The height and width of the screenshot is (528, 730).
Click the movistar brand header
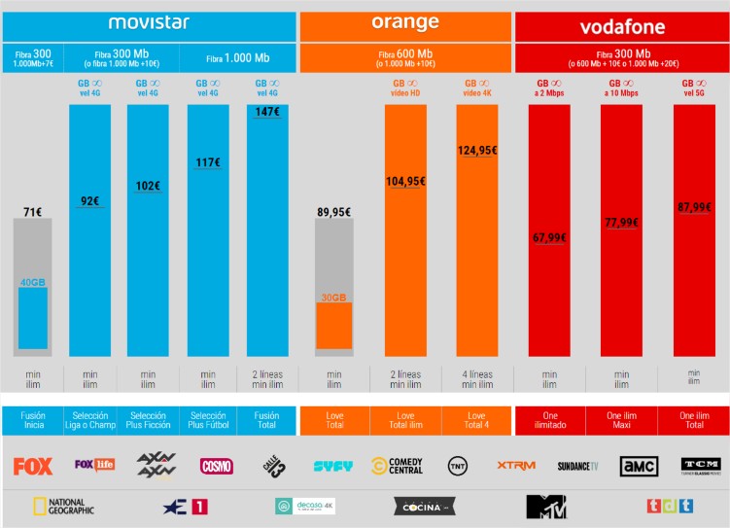149,22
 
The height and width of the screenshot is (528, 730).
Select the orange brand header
405,22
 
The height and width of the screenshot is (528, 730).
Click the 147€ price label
267,113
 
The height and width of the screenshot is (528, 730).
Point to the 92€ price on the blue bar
89,201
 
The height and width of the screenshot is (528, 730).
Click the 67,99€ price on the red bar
549,238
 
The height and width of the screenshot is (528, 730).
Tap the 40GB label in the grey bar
33,282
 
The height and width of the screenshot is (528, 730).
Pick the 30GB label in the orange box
333,298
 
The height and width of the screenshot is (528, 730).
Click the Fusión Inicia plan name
32,420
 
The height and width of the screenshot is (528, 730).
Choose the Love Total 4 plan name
477,420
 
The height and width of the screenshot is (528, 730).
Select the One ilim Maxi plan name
621,420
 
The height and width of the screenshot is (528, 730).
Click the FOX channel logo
33,466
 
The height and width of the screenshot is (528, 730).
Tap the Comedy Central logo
397,466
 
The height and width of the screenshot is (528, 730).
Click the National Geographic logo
63,506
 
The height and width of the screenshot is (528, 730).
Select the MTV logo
545,506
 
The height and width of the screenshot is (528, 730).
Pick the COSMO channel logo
216,466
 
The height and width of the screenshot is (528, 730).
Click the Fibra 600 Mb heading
405,58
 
